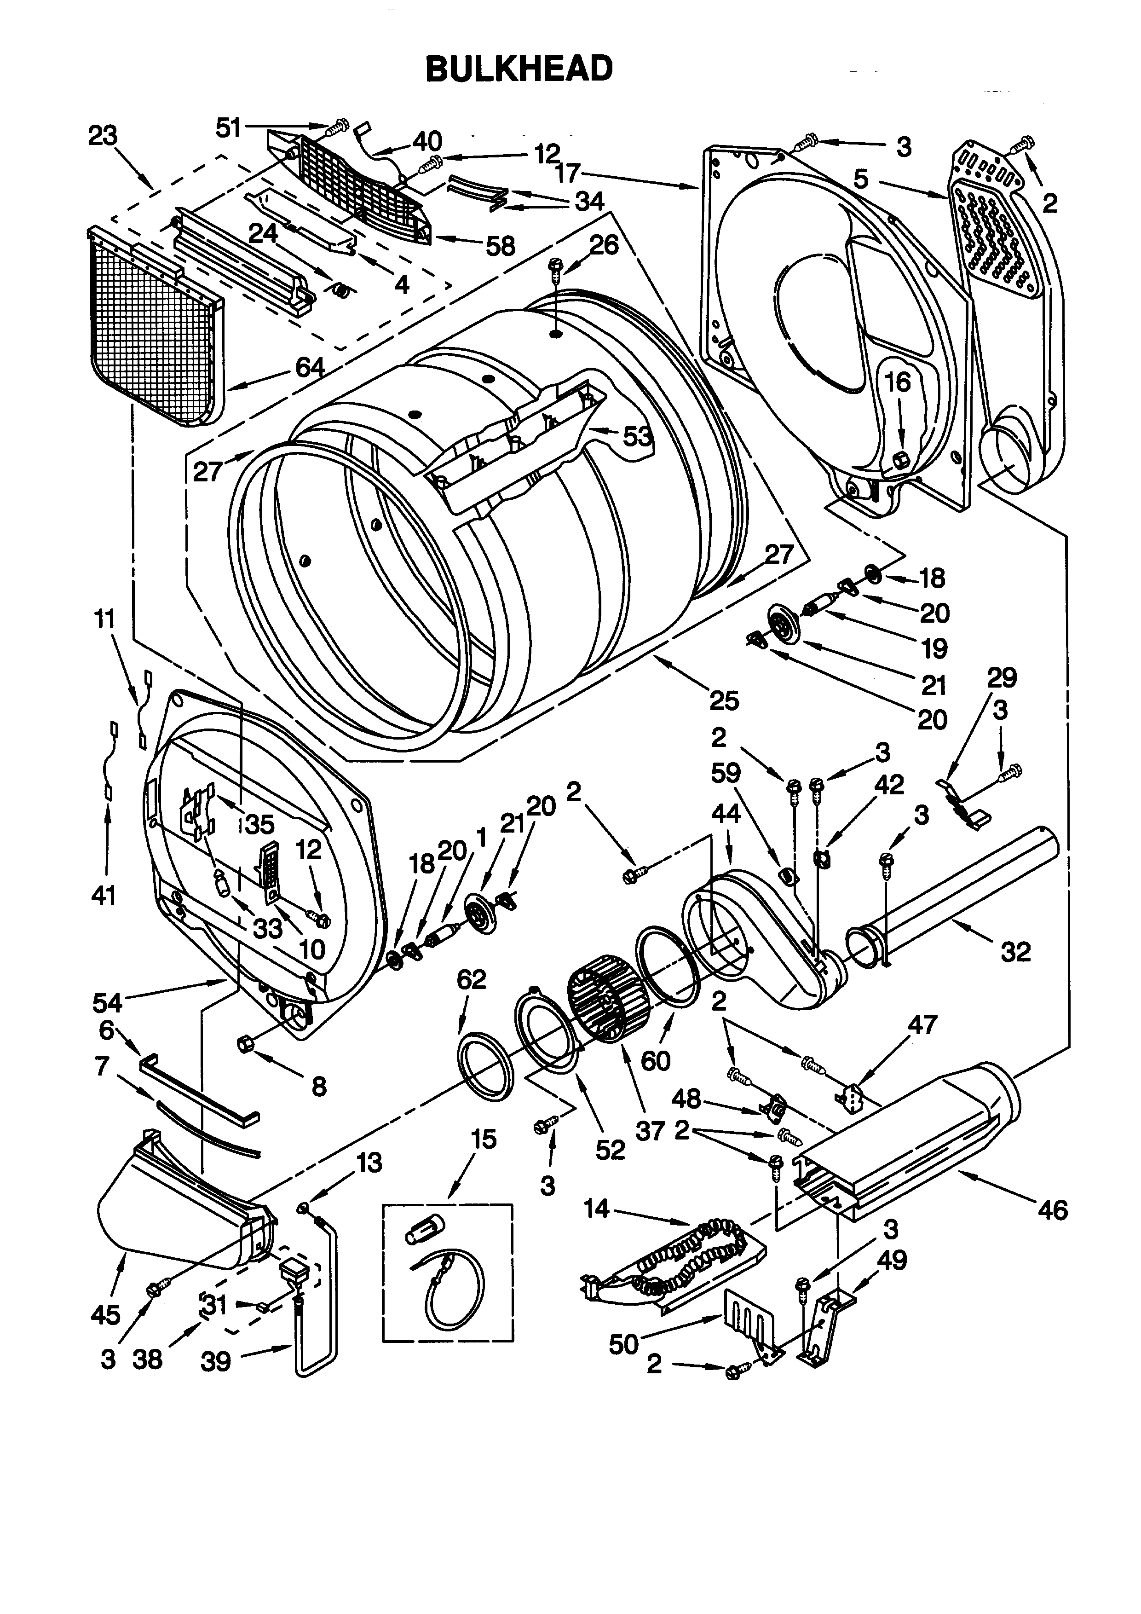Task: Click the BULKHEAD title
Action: (x=519, y=69)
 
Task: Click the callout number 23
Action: (x=103, y=136)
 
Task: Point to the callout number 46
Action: (x=1052, y=1210)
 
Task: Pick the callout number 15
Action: (x=484, y=1140)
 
